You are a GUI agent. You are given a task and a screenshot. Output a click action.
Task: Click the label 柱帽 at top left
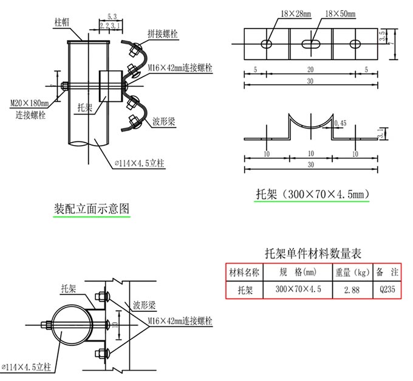(x=62, y=22)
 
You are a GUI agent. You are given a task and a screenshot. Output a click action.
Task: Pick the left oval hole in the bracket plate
(x=266, y=44)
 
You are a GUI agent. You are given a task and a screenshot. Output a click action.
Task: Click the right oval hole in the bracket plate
(x=355, y=44)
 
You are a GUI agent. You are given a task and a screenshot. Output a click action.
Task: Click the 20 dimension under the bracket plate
(x=310, y=69)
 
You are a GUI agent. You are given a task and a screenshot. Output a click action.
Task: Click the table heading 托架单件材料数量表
(x=313, y=253)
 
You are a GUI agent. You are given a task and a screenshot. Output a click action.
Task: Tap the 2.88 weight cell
(x=351, y=290)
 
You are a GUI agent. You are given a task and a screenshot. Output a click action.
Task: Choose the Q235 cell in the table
(x=386, y=290)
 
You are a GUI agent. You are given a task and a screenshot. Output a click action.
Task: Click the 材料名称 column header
(x=244, y=272)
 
